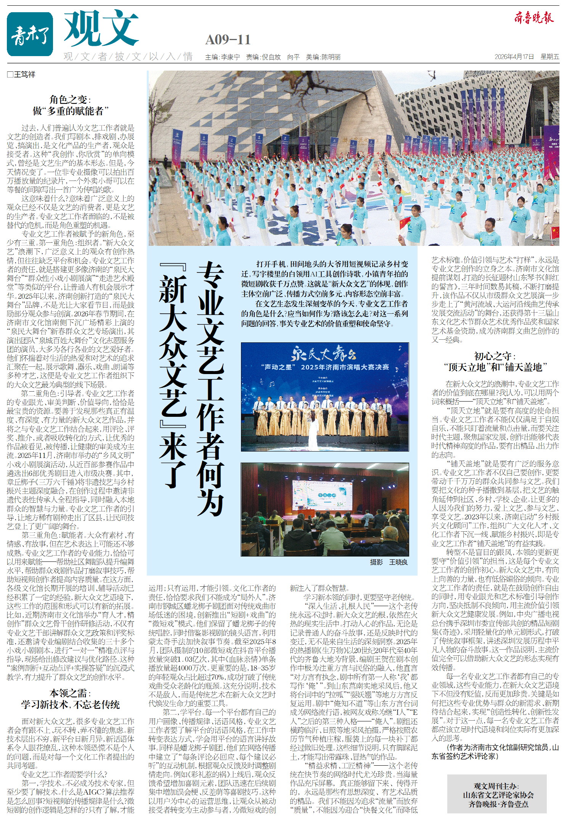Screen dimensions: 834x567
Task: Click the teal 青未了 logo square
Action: [30, 34]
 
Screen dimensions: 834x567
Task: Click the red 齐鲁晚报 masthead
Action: [533, 18]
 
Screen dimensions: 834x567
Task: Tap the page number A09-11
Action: [228, 40]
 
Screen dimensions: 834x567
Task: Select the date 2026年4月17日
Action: [514, 57]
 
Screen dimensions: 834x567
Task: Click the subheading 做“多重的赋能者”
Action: [71, 111]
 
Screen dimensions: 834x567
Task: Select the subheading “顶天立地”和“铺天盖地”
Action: [495, 367]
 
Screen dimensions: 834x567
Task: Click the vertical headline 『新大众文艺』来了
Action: [173, 376]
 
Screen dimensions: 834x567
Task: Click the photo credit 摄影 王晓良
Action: [388, 562]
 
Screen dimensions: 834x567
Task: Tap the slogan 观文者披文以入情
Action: [128, 57]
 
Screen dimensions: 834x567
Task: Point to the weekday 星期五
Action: [549, 57]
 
